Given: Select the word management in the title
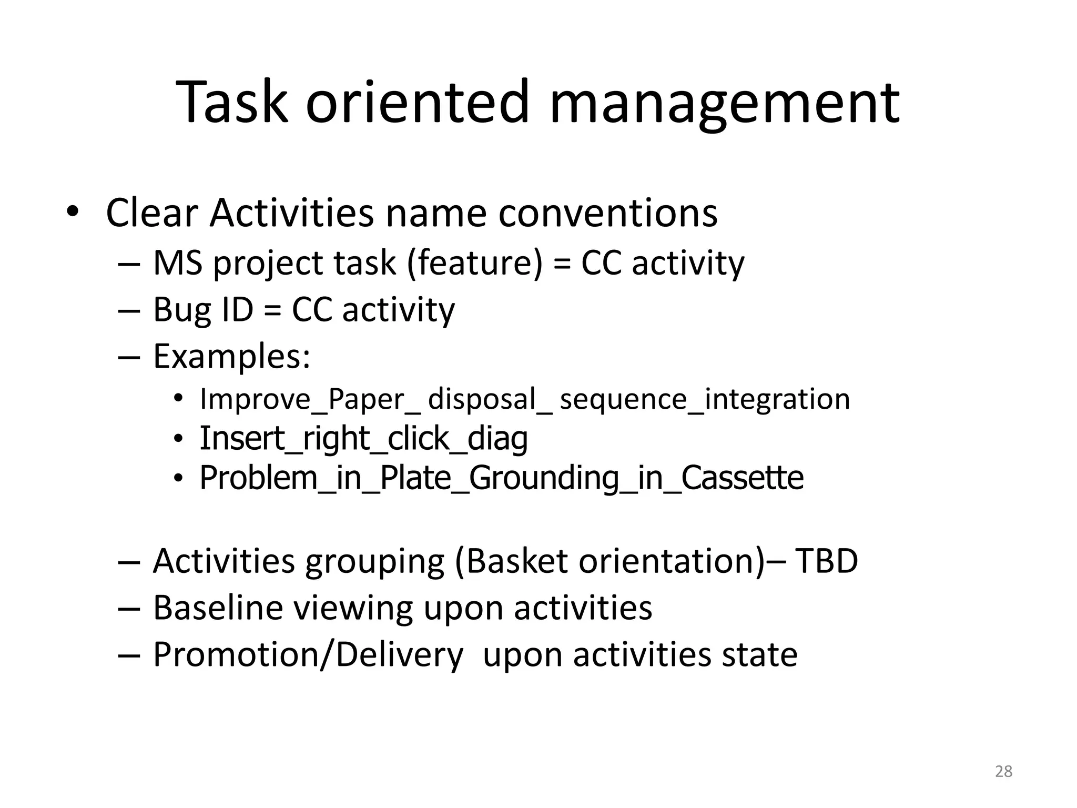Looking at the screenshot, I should tap(725, 103).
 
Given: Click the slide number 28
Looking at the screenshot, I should tap(1003, 771).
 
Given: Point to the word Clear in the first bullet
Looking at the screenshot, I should tap(152, 213).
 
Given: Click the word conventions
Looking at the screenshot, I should tap(607, 214).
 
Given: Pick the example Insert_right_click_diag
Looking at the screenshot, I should tap(363, 439).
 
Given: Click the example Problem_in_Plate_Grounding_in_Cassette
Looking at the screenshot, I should tap(501, 478).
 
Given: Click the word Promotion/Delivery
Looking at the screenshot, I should tap(308, 655).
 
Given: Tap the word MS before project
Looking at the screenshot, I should tap(177, 263).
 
